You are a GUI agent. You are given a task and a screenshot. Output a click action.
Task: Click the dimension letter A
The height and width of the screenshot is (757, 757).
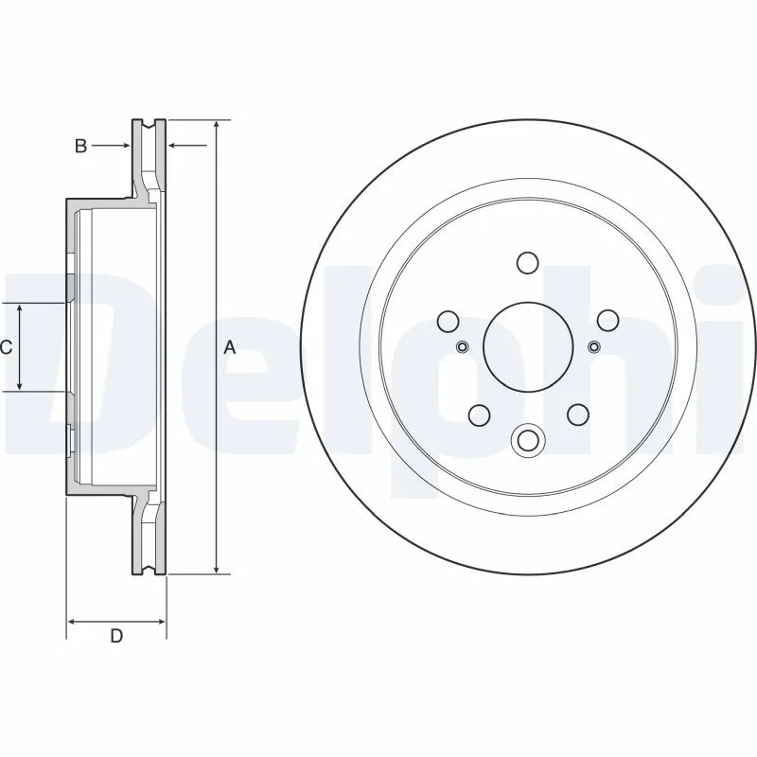tap(229, 347)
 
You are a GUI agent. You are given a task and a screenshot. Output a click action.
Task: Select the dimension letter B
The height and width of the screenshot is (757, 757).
tap(81, 145)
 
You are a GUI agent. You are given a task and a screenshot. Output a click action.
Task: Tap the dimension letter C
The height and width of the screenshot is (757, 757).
tap(6, 347)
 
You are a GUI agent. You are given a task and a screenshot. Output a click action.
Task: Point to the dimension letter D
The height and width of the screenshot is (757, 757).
tap(116, 636)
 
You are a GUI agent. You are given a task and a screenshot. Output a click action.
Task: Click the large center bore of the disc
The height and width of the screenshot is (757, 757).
tap(527, 346)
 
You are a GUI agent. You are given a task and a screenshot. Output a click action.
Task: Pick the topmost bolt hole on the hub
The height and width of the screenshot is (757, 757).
tap(527, 262)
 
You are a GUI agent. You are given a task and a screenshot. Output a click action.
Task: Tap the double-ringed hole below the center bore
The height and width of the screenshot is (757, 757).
tap(527, 440)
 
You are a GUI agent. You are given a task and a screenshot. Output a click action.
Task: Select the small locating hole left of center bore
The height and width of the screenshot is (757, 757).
tap(462, 346)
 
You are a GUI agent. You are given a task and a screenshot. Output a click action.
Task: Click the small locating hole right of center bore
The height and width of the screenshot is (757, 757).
tap(593, 346)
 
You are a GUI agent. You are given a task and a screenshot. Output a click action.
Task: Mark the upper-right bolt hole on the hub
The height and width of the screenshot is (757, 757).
tap(607, 320)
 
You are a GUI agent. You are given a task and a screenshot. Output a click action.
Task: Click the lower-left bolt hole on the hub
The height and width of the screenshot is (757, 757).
tap(478, 414)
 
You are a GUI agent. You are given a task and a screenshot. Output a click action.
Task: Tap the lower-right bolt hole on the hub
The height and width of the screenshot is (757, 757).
tap(577, 414)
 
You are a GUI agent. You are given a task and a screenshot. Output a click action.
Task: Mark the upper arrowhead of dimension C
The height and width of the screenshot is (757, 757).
tap(21, 309)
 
